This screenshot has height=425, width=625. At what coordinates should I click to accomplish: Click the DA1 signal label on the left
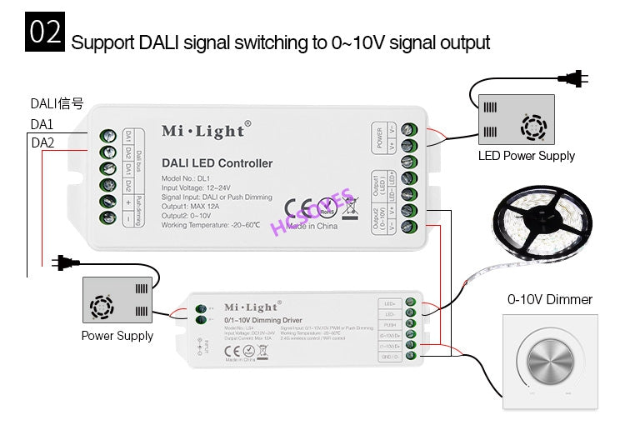tap(42, 123)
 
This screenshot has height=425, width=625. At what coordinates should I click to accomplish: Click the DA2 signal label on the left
tap(42, 142)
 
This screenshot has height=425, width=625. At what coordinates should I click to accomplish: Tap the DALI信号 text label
tap(57, 104)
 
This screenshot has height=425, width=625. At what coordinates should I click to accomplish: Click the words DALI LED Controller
tap(217, 163)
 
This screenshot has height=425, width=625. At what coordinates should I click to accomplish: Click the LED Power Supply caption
tap(526, 156)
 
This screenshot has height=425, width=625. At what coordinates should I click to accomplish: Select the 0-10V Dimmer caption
tap(550, 299)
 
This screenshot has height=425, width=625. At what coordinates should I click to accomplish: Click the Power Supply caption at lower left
tap(117, 336)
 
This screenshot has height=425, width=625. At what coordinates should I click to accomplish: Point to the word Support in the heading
tap(99, 42)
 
